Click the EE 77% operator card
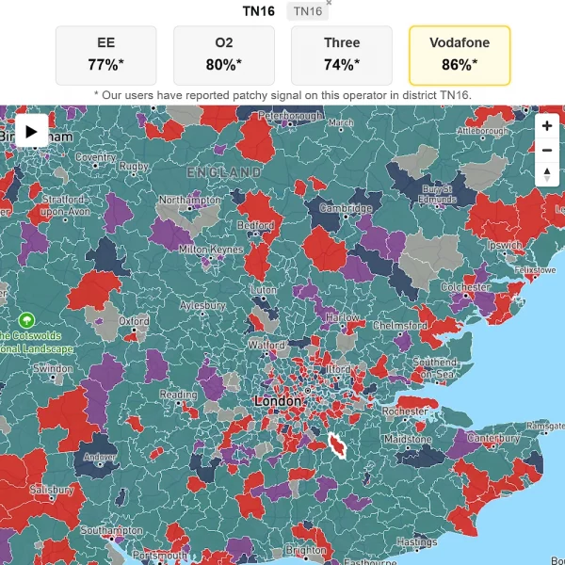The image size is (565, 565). pyautogui.click(x=106, y=55)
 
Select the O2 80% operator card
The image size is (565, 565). pyautogui.click(x=224, y=55)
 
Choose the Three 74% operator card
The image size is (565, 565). pyautogui.click(x=342, y=55)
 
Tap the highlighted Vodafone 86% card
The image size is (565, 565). pyautogui.click(x=460, y=55)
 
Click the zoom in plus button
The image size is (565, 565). pyautogui.click(x=547, y=126)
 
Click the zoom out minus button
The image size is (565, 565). pyautogui.click(x=547, y=150)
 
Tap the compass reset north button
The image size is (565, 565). pyautogui.click(x=547, y=174)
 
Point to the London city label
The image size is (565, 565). pyautogui.click(x=277, y=401)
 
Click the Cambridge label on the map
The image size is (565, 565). pyautogui.click(x=346, y=208)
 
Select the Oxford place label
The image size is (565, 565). pyautogui.click(x=134, y=321)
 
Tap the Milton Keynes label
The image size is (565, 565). pyautogui.click(x=210, y=249)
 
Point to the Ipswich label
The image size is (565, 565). pyautogui.click(x=505, y=246)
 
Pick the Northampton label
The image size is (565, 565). pyautogui.click(x=190, y=201)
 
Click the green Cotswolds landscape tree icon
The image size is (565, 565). pyautogui.click(x=26, y=320)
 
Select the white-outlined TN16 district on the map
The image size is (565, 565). pyautogui.click(x=338, y=445)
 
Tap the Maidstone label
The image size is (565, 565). pyautogui.click(x=407, y=440)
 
